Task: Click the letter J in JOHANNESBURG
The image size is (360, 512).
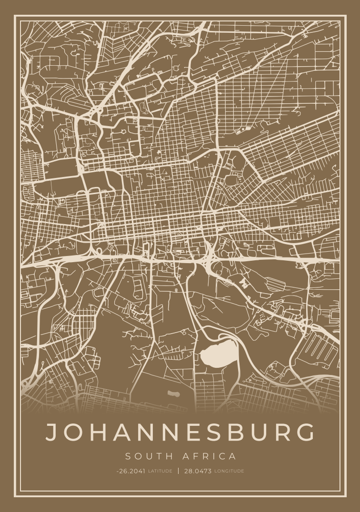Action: (x=52, y=432)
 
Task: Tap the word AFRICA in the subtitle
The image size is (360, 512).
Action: (x=209, y=457)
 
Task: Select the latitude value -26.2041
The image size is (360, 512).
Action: (x=131, y=471)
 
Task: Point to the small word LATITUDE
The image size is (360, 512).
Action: (x=160, y=471)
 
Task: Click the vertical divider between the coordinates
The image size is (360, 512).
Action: (x=179, y=471)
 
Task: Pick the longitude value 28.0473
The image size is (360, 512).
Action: (x=198, y=471)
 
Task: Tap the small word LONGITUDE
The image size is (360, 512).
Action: (x=229, y=471)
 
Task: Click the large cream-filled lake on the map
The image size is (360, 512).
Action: (x=219, y=353)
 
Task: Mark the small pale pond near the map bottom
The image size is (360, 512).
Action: (x=174, y=394)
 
